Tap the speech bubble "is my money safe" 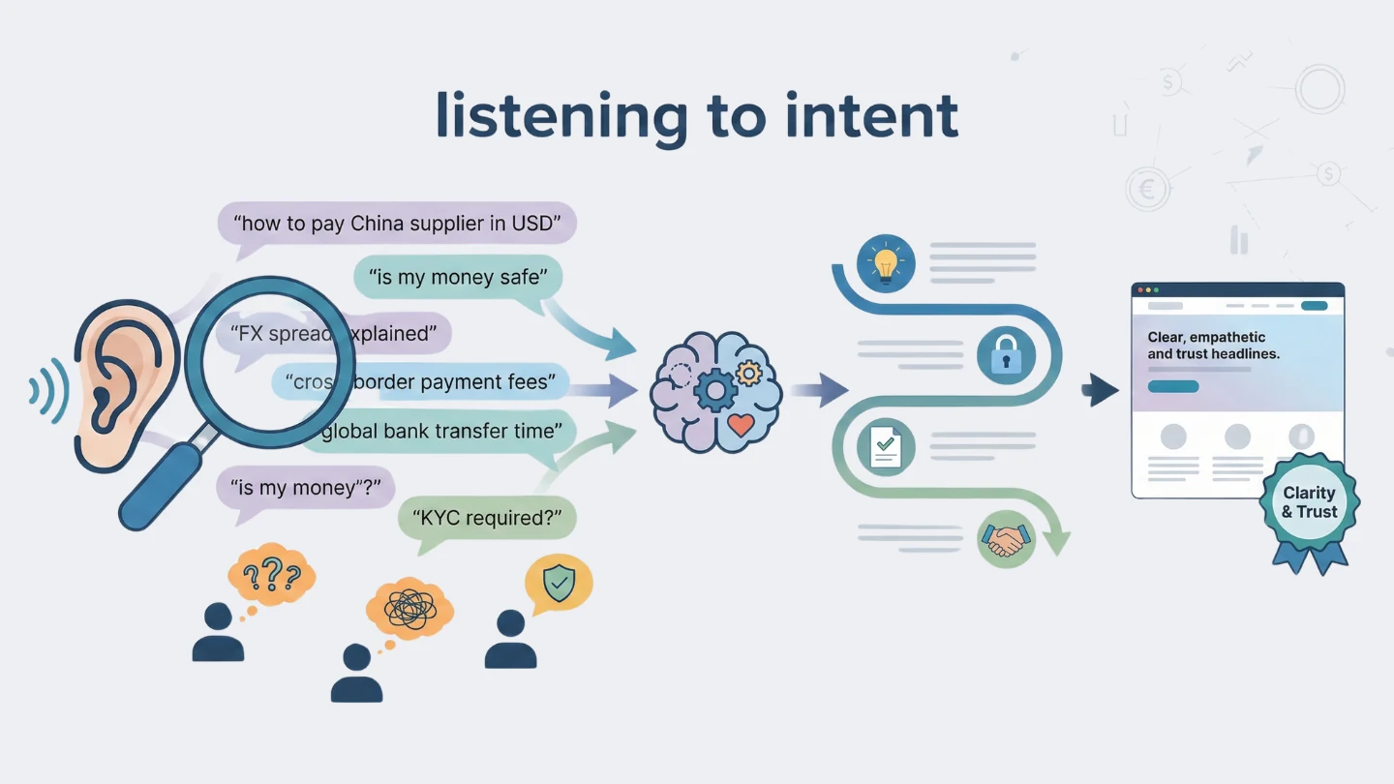click(457, 279)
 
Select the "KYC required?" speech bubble click(487, 518)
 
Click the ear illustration click(121, 377)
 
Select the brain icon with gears click(715, 392)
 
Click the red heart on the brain click(741, 424)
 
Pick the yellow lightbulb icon click(885, 262)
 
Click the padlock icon click(1006, 355)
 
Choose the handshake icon click(1006, 540)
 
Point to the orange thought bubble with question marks click(271, 576)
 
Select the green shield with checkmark click(559, 583)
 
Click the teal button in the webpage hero click(1172, 386)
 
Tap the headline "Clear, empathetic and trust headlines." click(1214, 346)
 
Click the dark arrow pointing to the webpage click(1101, 390)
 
